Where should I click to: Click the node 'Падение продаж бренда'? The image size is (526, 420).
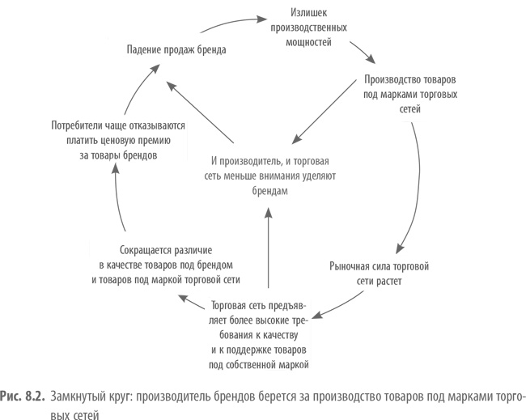176,49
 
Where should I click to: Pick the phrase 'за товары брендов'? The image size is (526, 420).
118,154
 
